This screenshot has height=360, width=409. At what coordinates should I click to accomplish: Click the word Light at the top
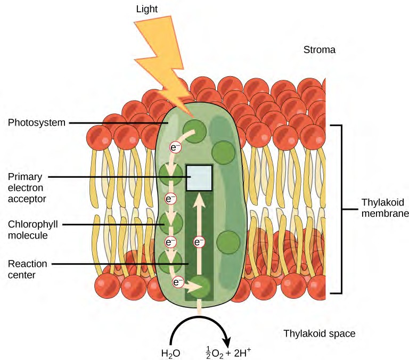pyautogui.click(x=147, y=10)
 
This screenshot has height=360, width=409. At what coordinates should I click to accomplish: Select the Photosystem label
pyautogui.click(x=37, y=123)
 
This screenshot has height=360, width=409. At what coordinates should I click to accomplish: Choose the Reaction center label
pyautogui.click(x=27, y=269)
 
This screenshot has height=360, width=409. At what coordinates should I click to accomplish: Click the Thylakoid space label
pyautogui.click(x=319, y=334)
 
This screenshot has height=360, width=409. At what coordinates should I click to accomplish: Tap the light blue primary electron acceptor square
pyautogui.click(x=199, y=178)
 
